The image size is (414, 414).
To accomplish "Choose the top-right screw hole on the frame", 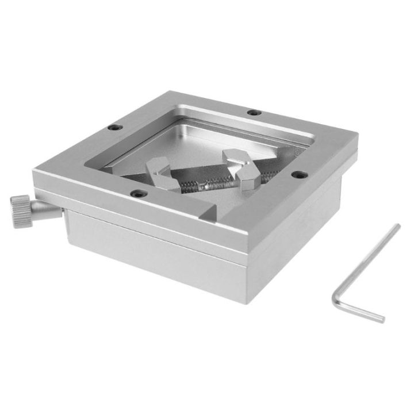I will tap(251, 112).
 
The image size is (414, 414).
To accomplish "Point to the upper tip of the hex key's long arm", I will tap(397, 226).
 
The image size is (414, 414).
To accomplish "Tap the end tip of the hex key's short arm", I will tap(382, 319).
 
